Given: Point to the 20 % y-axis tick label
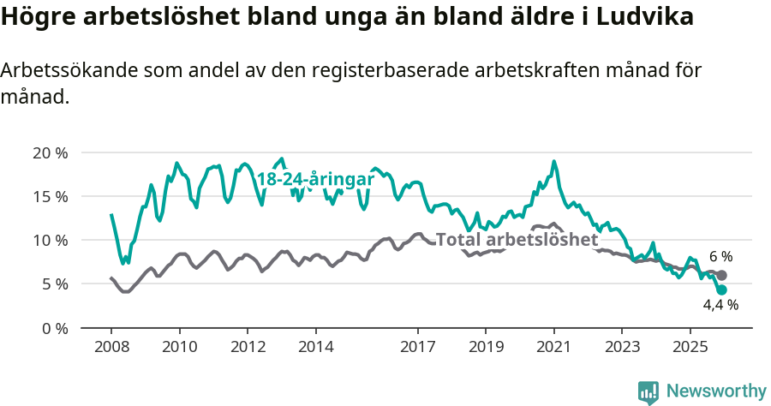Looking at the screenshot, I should [x=50, y=152].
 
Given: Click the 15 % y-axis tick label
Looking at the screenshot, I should [x=50, y=196].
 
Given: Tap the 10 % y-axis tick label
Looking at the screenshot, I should [x=50, y=240].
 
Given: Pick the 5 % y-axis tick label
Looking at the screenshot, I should [x=53, y=284].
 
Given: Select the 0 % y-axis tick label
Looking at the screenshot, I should [x=53, y=327].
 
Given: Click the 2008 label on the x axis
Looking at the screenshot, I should [x=111, y=347].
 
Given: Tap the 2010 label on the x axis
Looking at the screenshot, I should [x=179, y=347].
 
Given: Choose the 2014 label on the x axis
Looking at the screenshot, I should [x=315, y=347].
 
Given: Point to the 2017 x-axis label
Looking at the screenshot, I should [x=417, y=347].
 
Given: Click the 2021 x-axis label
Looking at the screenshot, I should [x=553, y=347].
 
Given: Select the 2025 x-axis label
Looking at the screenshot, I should [x=690, y=347].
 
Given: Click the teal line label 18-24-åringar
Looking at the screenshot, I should [x=315, y=179].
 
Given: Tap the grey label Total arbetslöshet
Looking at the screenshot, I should [x=517, y=239].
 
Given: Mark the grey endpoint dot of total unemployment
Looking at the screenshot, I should [x=722, y=275].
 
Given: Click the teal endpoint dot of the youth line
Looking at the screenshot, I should [x=722, y=290].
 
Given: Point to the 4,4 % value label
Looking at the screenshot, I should [x=720, y=304].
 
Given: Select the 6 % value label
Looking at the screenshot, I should [x=720, y=257].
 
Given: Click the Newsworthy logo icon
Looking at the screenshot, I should [x=648, y=391].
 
